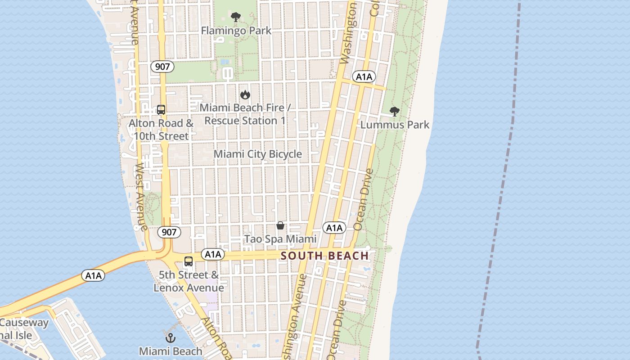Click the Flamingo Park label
[236, 31]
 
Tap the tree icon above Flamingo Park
[235, 18]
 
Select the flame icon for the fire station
[245, 94]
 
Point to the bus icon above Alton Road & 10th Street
[161, 109]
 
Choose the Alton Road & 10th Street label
[161, 130]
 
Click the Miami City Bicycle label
[257, 154]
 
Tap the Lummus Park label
[395, 125]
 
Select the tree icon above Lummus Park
[395, 111]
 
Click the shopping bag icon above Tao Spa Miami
[280, 225]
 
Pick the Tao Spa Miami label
[280, 239]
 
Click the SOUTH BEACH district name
[324, 256]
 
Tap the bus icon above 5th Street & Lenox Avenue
[189, 261]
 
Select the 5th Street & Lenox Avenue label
[189, 281]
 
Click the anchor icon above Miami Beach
[170, 338]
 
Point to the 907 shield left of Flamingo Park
[162, 67]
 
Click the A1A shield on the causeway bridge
[93, 275]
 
